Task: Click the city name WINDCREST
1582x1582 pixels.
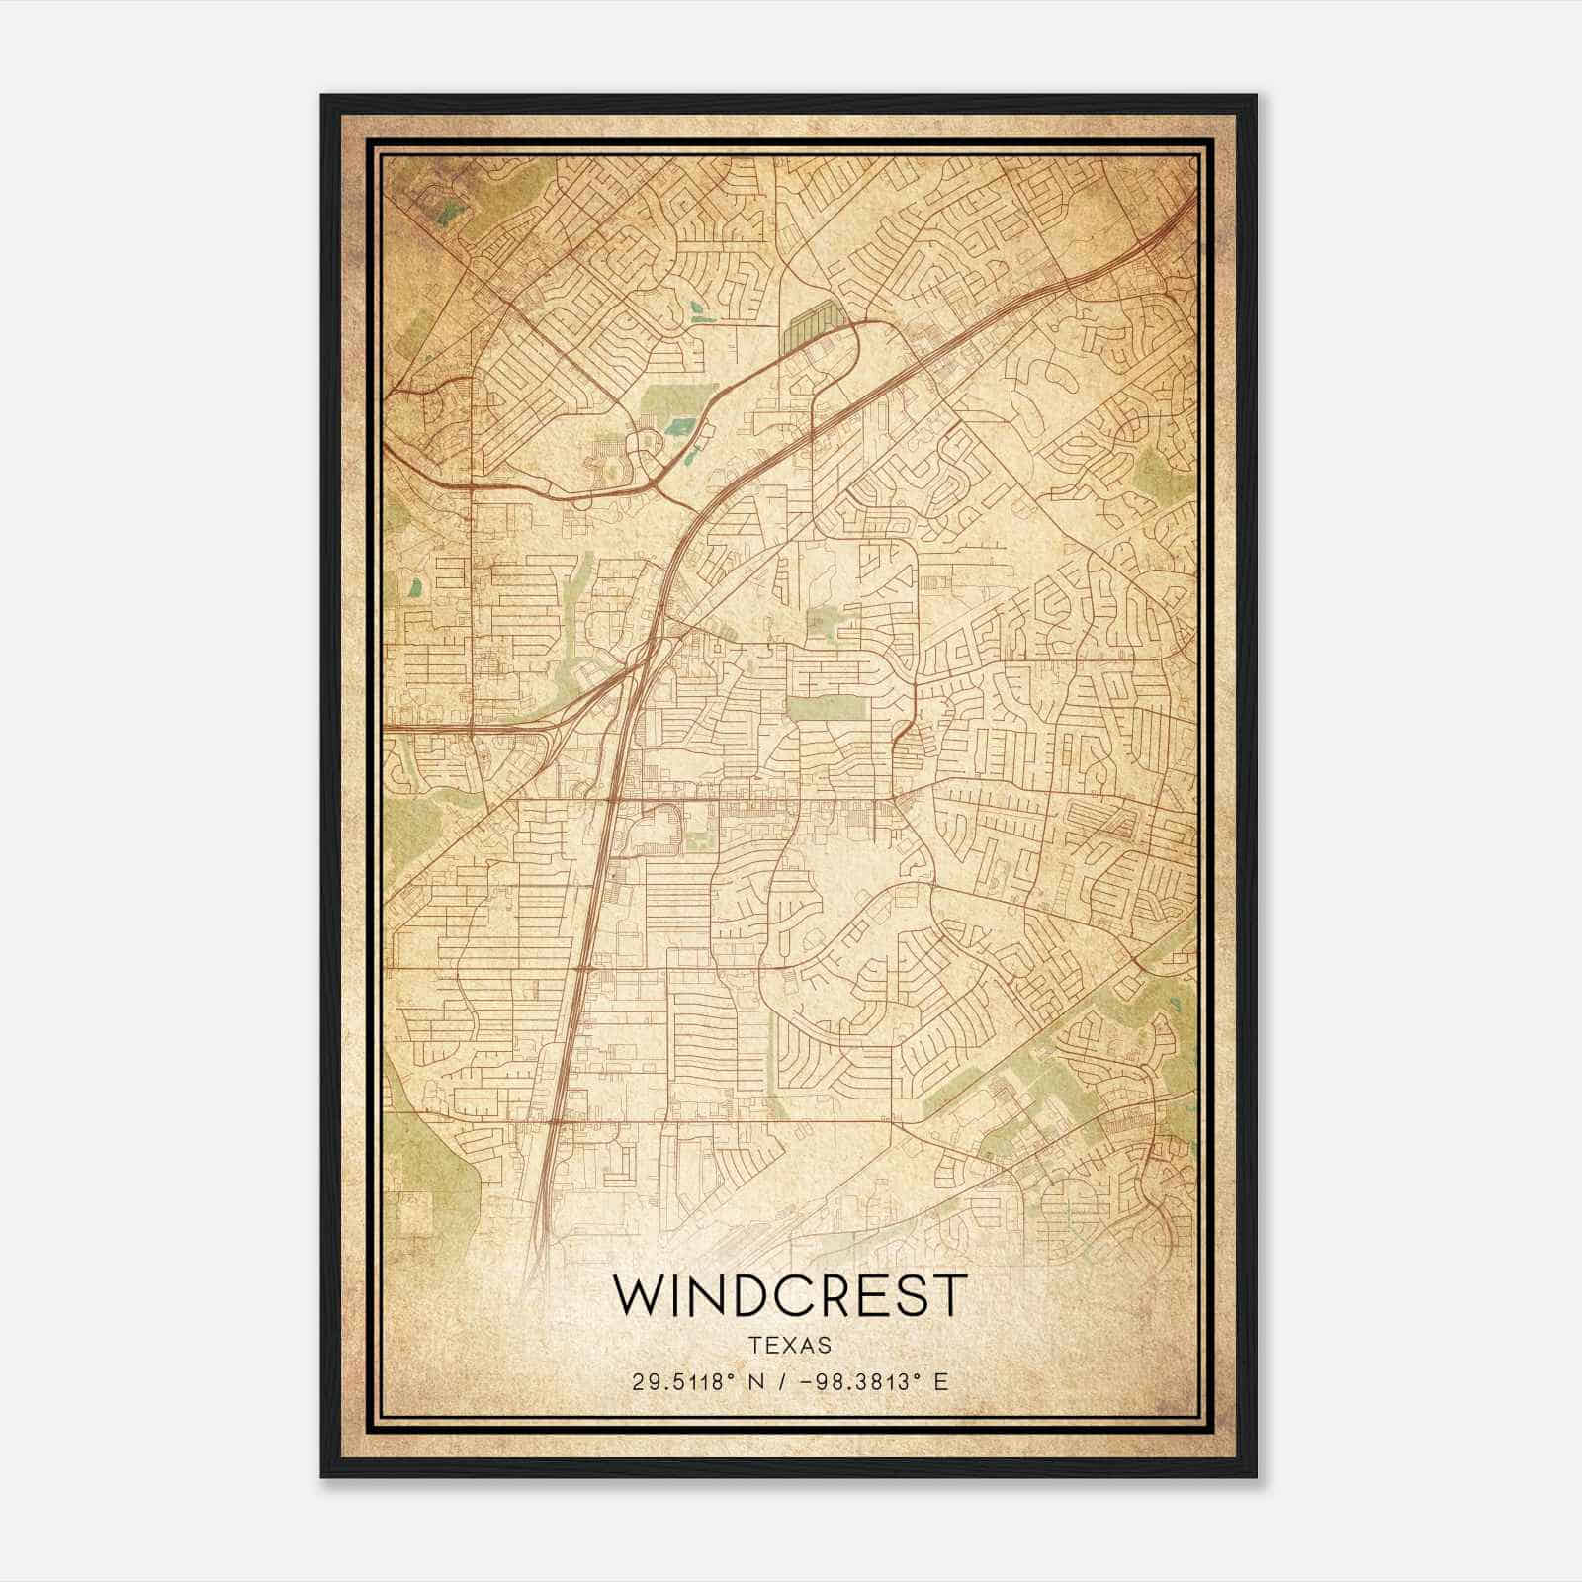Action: click(789, 1295)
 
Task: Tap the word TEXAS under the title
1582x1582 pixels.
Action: click(790, 1345)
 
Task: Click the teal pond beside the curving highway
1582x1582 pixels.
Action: click(679, 427)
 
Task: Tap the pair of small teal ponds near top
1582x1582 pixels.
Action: click(699, 311)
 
